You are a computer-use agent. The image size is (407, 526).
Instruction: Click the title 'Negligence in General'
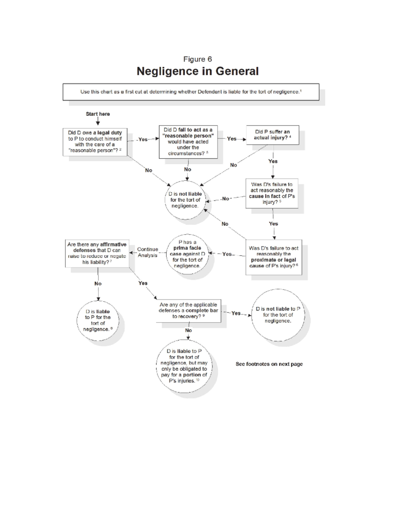(197, 71)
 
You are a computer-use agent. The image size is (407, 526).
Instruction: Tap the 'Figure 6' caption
(197, 59)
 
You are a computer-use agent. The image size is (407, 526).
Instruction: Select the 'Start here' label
(98, 114)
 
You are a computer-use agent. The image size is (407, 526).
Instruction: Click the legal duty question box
(95, 142)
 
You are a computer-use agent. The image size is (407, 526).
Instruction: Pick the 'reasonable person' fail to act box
(188, 142)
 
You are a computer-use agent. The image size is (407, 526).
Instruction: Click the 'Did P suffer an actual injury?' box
(272, 135)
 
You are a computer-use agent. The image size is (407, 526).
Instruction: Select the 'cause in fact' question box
(272, 193)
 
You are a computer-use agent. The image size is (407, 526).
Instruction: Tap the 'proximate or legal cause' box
(273, 257)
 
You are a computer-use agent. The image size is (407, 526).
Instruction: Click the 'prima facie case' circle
(187, 254)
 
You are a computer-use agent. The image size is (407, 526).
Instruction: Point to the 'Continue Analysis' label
(148, 252)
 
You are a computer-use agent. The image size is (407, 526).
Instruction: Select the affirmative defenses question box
(97, 253)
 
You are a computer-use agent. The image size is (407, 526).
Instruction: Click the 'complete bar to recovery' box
(188, 311)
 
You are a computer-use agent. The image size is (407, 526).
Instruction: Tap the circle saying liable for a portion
(184, 366)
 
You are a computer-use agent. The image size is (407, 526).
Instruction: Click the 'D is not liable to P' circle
(278, 315)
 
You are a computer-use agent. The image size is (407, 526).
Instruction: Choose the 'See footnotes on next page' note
(269, 364)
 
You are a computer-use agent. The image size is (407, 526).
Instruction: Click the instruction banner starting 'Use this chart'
(191, 92)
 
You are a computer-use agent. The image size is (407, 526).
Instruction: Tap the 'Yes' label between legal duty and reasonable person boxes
(143, 139)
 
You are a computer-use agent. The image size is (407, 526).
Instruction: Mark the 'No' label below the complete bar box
(188, 330)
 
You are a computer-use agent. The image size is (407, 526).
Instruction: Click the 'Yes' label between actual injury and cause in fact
(273, 161)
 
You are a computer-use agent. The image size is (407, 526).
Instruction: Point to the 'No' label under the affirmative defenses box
(98, 283)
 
